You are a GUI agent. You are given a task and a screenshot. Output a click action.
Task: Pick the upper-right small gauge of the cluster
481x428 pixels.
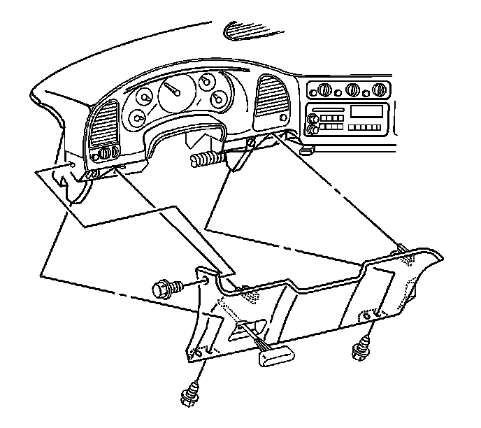[x=206, y=83]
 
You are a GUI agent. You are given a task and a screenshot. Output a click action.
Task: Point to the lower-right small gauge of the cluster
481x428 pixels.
[x=219, y=99]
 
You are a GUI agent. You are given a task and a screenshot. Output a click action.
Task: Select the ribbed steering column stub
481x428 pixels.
[x=207, y=159]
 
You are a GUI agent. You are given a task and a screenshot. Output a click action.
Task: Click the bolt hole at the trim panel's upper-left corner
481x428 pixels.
[x=207, y=281]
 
